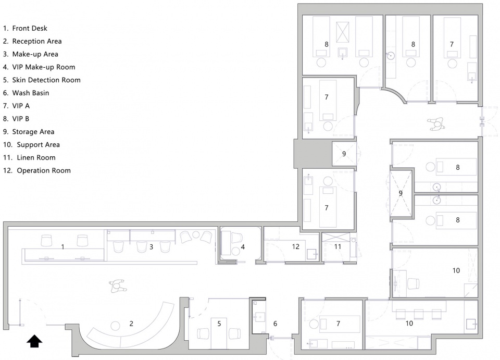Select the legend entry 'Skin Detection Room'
tap(42, 80)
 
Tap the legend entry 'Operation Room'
tap(37, 170)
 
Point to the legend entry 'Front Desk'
tap(25, 28)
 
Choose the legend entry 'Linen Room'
tap(29, 157)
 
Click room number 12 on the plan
tap(296, 246)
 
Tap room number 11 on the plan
tap(337, 246)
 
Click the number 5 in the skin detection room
tap(219, 324)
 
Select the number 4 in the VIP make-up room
tap(243, 247)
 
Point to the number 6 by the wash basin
tap(275, 324)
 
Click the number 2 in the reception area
tap(131, 324)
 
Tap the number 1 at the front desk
tap(63, 247)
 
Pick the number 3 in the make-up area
tap(152, 247)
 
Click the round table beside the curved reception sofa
tap(115, 326)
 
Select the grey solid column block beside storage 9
tap(312, 154)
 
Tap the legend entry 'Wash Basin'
tap(26, 93)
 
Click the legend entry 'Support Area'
tap(32, 145)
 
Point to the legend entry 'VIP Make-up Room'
tap(39, 67)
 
